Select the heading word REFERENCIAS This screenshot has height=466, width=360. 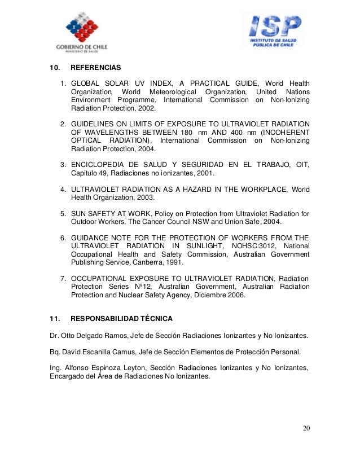pyautogui.click(x=92, y=68)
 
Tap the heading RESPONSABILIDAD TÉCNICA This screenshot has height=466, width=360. pyautogui.click(x=117, y=318)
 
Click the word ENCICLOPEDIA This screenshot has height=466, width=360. pyautogui.click(x=98, y=164)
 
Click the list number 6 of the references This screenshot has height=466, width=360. pyautogui.click(x=63, y=237)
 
